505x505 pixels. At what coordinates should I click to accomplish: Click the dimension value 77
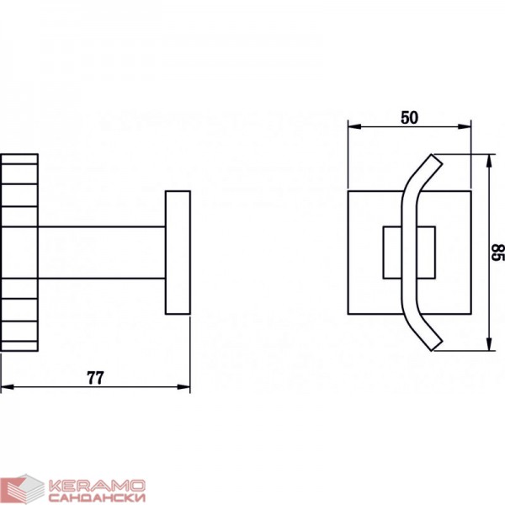[x=95, y=378]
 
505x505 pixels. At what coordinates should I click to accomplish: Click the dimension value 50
[x=409, y=118]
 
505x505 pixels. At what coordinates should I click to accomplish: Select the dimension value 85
[x=498, y=252]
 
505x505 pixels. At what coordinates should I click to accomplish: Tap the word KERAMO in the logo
[x=97, y=486]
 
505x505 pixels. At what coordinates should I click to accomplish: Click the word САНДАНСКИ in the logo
[x=97, y=497]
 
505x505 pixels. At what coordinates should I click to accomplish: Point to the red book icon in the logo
[x=25, y=488]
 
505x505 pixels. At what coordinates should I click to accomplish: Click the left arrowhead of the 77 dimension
[x=7, y=386]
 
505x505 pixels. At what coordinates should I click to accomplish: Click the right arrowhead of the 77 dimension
[x=183, y=386]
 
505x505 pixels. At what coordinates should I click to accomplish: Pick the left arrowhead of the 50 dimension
[x=354, y=126]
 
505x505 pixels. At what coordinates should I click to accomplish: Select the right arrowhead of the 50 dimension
[x=465, y=126]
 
